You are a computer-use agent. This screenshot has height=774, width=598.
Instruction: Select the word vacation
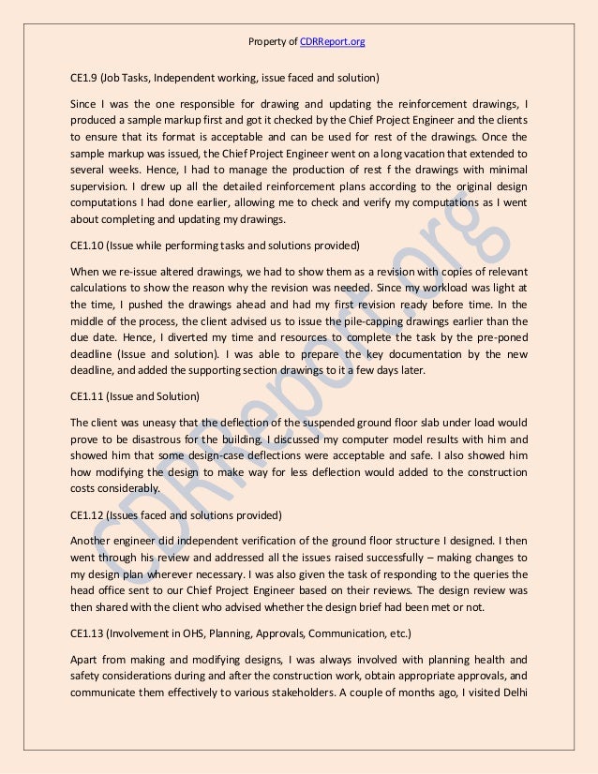(432, 152)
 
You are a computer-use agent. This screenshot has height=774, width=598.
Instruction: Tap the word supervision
(98, 186)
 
